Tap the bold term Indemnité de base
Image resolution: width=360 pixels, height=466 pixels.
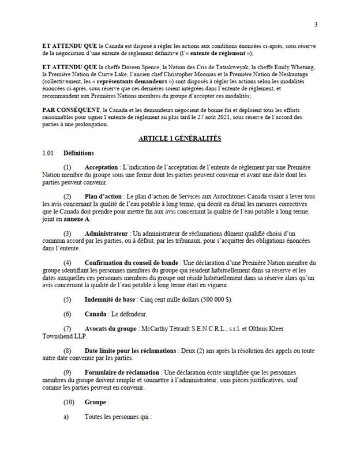110,299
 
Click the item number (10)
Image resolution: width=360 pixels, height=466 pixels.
68,402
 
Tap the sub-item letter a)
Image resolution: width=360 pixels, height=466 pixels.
66,417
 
